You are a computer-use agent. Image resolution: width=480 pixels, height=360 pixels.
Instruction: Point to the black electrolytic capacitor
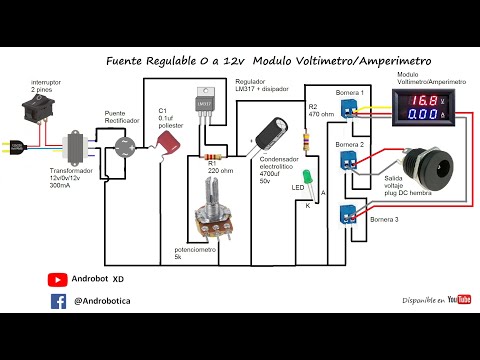click(x=270, y=135)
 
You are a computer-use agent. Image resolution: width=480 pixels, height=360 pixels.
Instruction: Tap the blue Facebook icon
click(x=58, y=300)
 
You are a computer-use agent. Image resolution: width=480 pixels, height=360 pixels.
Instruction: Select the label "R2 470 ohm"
click(x=321, y=111)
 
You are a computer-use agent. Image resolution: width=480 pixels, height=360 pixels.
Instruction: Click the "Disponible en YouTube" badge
click(x=436, y=299)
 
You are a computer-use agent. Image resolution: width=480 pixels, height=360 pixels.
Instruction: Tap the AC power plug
click(x=12, y=146)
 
